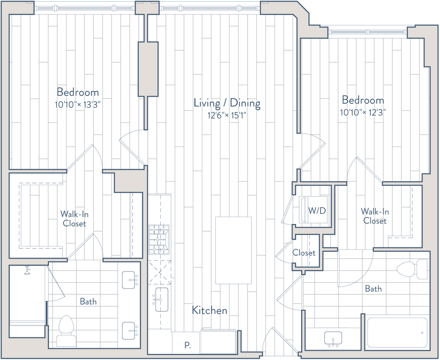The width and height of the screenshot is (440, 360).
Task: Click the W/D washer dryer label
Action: [317, 211]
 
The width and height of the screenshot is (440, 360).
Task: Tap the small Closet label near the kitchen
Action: [304, 253]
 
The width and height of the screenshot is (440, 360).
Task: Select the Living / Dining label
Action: [228, 103]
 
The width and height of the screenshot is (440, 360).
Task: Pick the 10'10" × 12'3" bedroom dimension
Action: [363, 112]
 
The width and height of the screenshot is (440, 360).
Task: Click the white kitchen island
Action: [233, 250]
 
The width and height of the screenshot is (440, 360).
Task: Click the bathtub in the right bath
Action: [396, 332]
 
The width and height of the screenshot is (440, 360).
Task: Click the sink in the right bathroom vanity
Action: [332, 339]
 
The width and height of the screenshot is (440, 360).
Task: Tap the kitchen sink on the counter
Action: [160, 298]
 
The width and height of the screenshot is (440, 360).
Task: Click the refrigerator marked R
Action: [186, 344]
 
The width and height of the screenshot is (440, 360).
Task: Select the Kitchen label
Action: [209, 310]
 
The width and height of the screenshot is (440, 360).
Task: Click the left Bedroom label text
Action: [78, 92]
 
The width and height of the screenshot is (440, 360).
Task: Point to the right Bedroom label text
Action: [363, 101]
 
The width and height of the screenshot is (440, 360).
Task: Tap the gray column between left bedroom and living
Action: [147, 69]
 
